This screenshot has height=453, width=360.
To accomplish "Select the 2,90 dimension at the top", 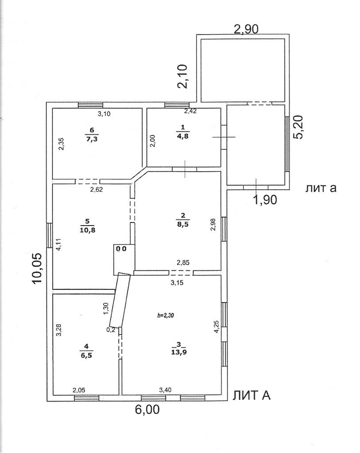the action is (x=246, y=30).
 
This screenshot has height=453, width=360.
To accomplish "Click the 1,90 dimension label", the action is (x=265, y=200).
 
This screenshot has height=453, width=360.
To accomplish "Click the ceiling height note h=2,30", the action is (x=165, y=316).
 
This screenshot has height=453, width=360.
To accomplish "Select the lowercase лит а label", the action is (x=321, y=188).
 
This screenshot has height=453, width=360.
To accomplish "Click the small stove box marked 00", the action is (x=121, y=249).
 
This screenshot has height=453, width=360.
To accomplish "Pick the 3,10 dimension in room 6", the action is (x=104, y=114).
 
